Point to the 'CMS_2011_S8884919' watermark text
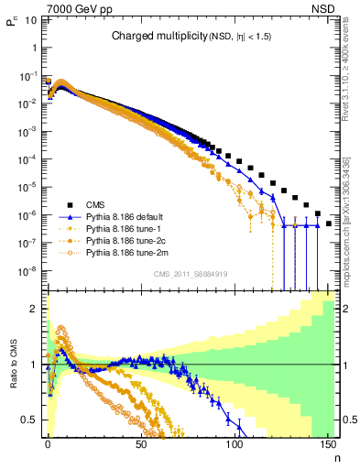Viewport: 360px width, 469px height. point(191,273)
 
